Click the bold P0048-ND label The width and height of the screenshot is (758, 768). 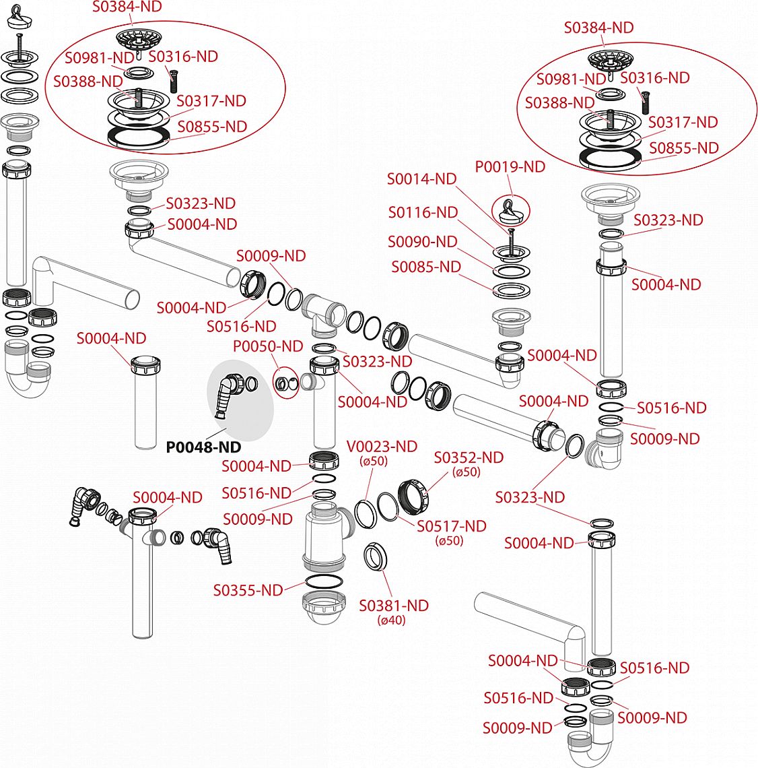203,447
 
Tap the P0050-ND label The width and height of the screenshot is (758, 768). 268,346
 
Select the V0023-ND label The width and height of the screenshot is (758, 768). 382,447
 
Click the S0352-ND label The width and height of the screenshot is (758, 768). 469,457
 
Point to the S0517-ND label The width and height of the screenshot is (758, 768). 451,526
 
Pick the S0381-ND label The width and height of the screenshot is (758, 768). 394,606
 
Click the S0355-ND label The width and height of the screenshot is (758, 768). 248,590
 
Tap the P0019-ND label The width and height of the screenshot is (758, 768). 510,166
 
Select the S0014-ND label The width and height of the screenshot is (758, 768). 421,179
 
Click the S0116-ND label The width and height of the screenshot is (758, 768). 423,212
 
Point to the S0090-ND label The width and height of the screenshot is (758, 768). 422,241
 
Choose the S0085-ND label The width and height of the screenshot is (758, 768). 425,267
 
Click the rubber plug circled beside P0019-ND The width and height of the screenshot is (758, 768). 512,211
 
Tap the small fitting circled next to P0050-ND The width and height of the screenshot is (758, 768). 285,383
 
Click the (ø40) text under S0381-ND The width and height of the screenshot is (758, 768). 391,620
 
